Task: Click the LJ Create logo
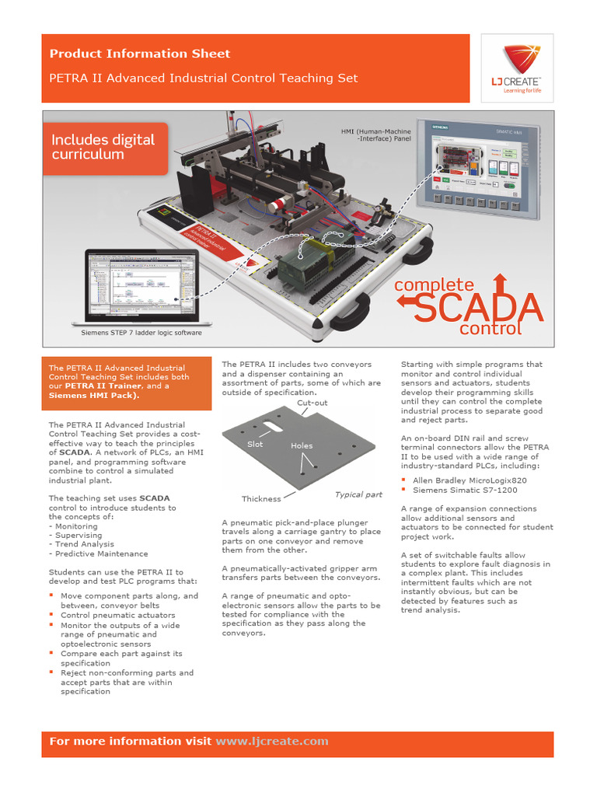(517, 69)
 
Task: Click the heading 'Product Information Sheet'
(140, 54)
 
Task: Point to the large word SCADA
(477, 308)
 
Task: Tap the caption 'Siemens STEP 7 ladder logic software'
(141, 333)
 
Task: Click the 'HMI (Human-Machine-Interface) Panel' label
(376, 136)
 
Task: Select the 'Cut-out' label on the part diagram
(312, 403)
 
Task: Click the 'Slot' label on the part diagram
(255, 444)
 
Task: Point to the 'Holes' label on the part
(302, 446)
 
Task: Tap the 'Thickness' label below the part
(261, 499)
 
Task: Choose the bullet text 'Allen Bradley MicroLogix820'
(470, 480)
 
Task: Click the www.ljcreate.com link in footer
(272, 742)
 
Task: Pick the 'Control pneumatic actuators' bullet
(117, 615)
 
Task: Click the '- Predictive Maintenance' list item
(98, 553)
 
